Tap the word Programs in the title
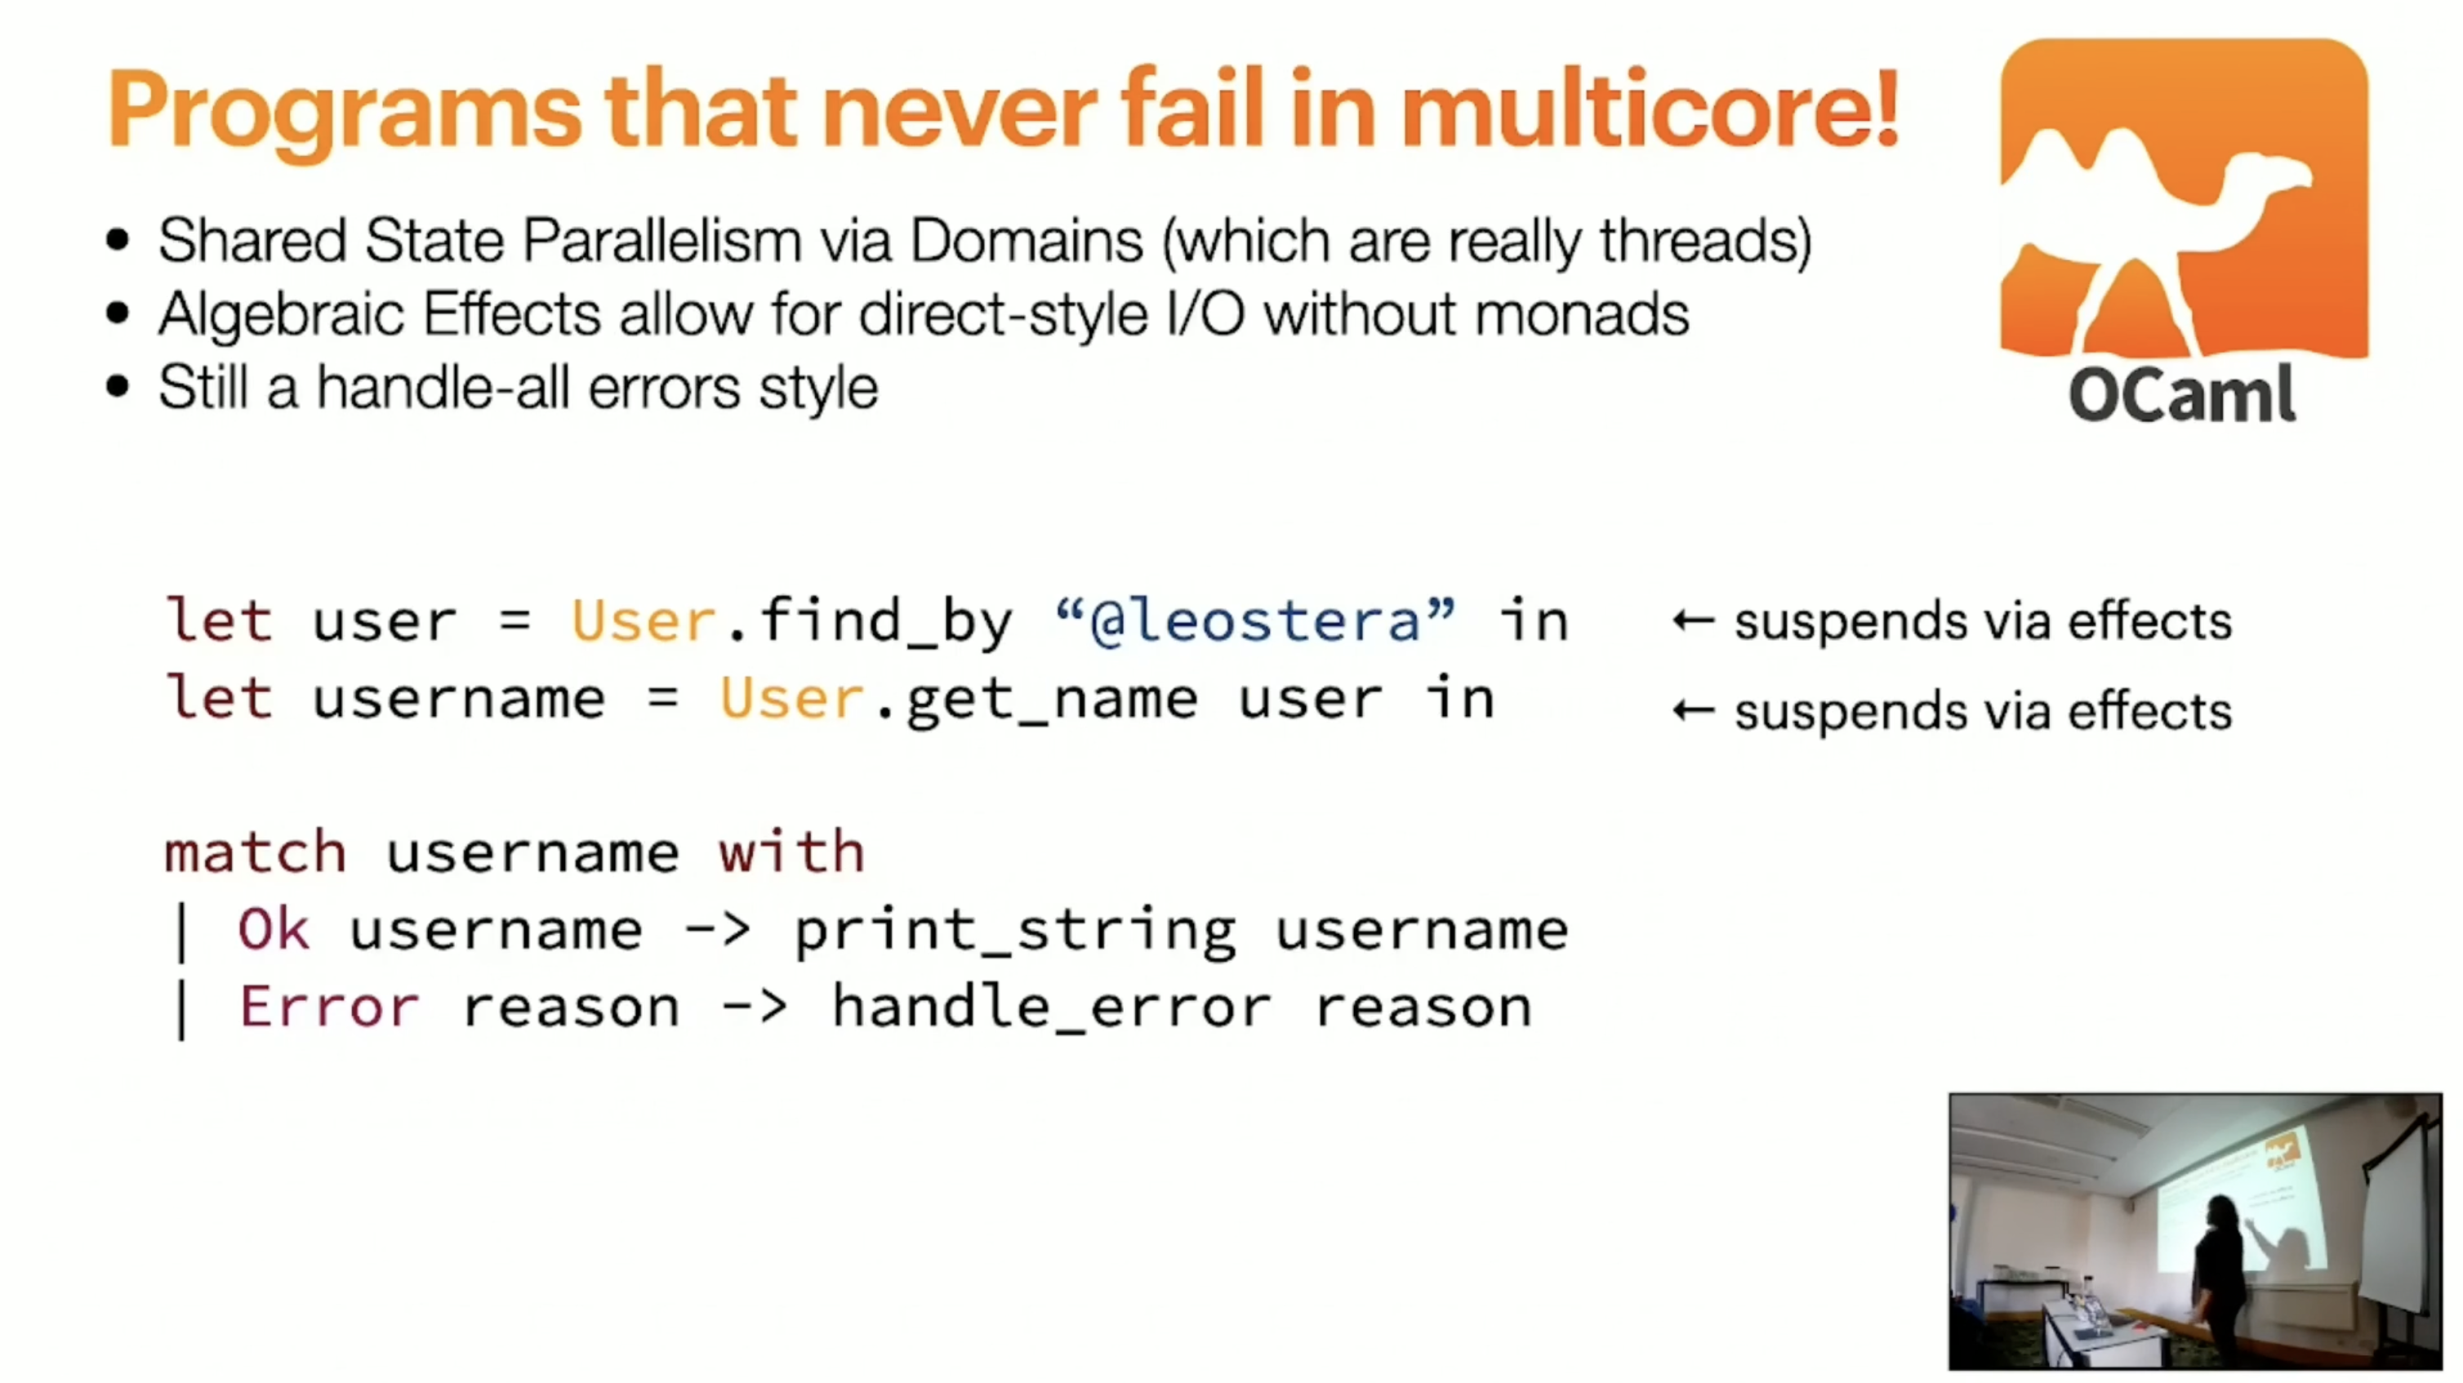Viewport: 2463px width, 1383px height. [343, 113]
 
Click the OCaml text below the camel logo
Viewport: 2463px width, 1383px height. [2183, 394]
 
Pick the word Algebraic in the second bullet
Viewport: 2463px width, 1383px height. [282, 315]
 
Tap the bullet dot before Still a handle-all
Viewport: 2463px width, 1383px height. [118, 387]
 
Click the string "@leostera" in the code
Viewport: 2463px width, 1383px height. [1254, 620]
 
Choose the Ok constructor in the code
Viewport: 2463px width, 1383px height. [274, 929]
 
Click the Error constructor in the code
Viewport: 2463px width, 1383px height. [329, 1007]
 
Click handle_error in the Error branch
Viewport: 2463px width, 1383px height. [1052, 1007]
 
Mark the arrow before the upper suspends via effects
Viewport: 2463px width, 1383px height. [1692, 621]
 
